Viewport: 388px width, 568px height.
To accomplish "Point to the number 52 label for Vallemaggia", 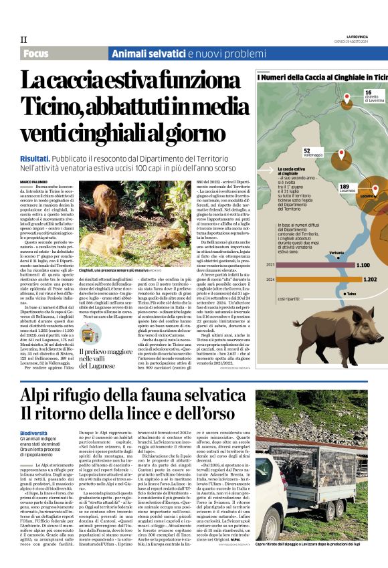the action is pos(306,151).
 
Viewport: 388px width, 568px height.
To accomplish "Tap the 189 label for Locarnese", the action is pos(345,186).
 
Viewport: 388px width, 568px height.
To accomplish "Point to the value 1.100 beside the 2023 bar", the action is pos(365,265).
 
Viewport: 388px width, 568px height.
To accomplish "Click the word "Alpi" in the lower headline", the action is pos(37,393).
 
